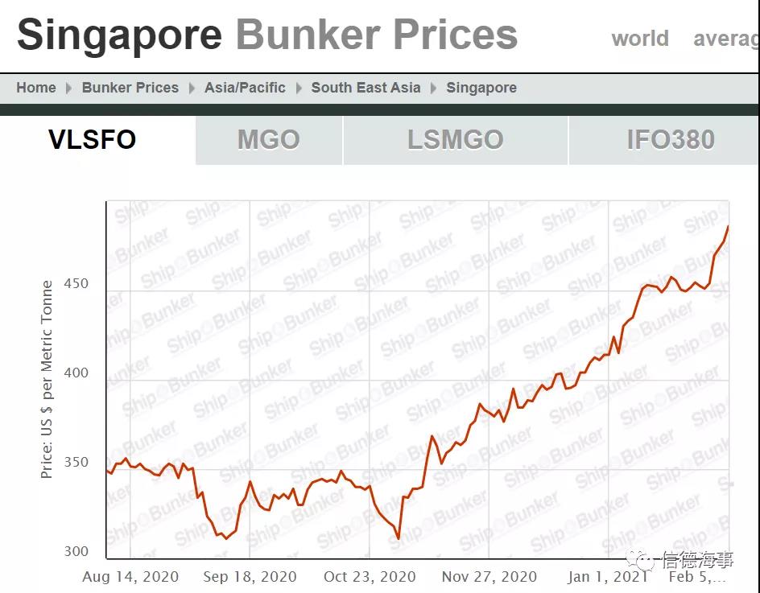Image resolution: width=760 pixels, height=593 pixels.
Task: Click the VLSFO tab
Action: click(x=93, y=140)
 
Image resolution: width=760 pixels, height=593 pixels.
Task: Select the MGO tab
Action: click(x=268, y=140)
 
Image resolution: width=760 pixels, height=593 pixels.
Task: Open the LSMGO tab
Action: click(x=455, y=140)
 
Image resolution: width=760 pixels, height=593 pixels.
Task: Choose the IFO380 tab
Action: click(x=670, y=140)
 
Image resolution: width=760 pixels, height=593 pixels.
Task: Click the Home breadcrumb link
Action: click(x=36, y=88)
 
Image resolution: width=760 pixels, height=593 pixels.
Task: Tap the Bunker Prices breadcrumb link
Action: click(x=130, y=88)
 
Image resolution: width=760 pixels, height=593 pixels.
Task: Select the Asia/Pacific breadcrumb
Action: click(x=245, y=88)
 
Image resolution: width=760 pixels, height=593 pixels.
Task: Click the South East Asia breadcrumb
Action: click(x=366, y=88)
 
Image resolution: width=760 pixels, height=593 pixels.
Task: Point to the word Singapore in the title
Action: click(x=119, y=35)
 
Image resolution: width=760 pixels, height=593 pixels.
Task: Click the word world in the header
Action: click(x=640, y=39)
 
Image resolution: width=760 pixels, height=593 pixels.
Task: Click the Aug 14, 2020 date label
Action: click(x=130, y=577)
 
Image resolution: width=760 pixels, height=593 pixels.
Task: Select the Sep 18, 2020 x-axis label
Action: click(x=250, y=577)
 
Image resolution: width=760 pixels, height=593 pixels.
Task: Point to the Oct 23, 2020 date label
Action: click(x=370, y=577)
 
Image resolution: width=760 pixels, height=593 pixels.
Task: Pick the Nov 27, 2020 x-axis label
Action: click(x=489, y=577)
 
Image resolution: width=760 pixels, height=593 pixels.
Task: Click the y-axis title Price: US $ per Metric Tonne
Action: click(x=47, y=379)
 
